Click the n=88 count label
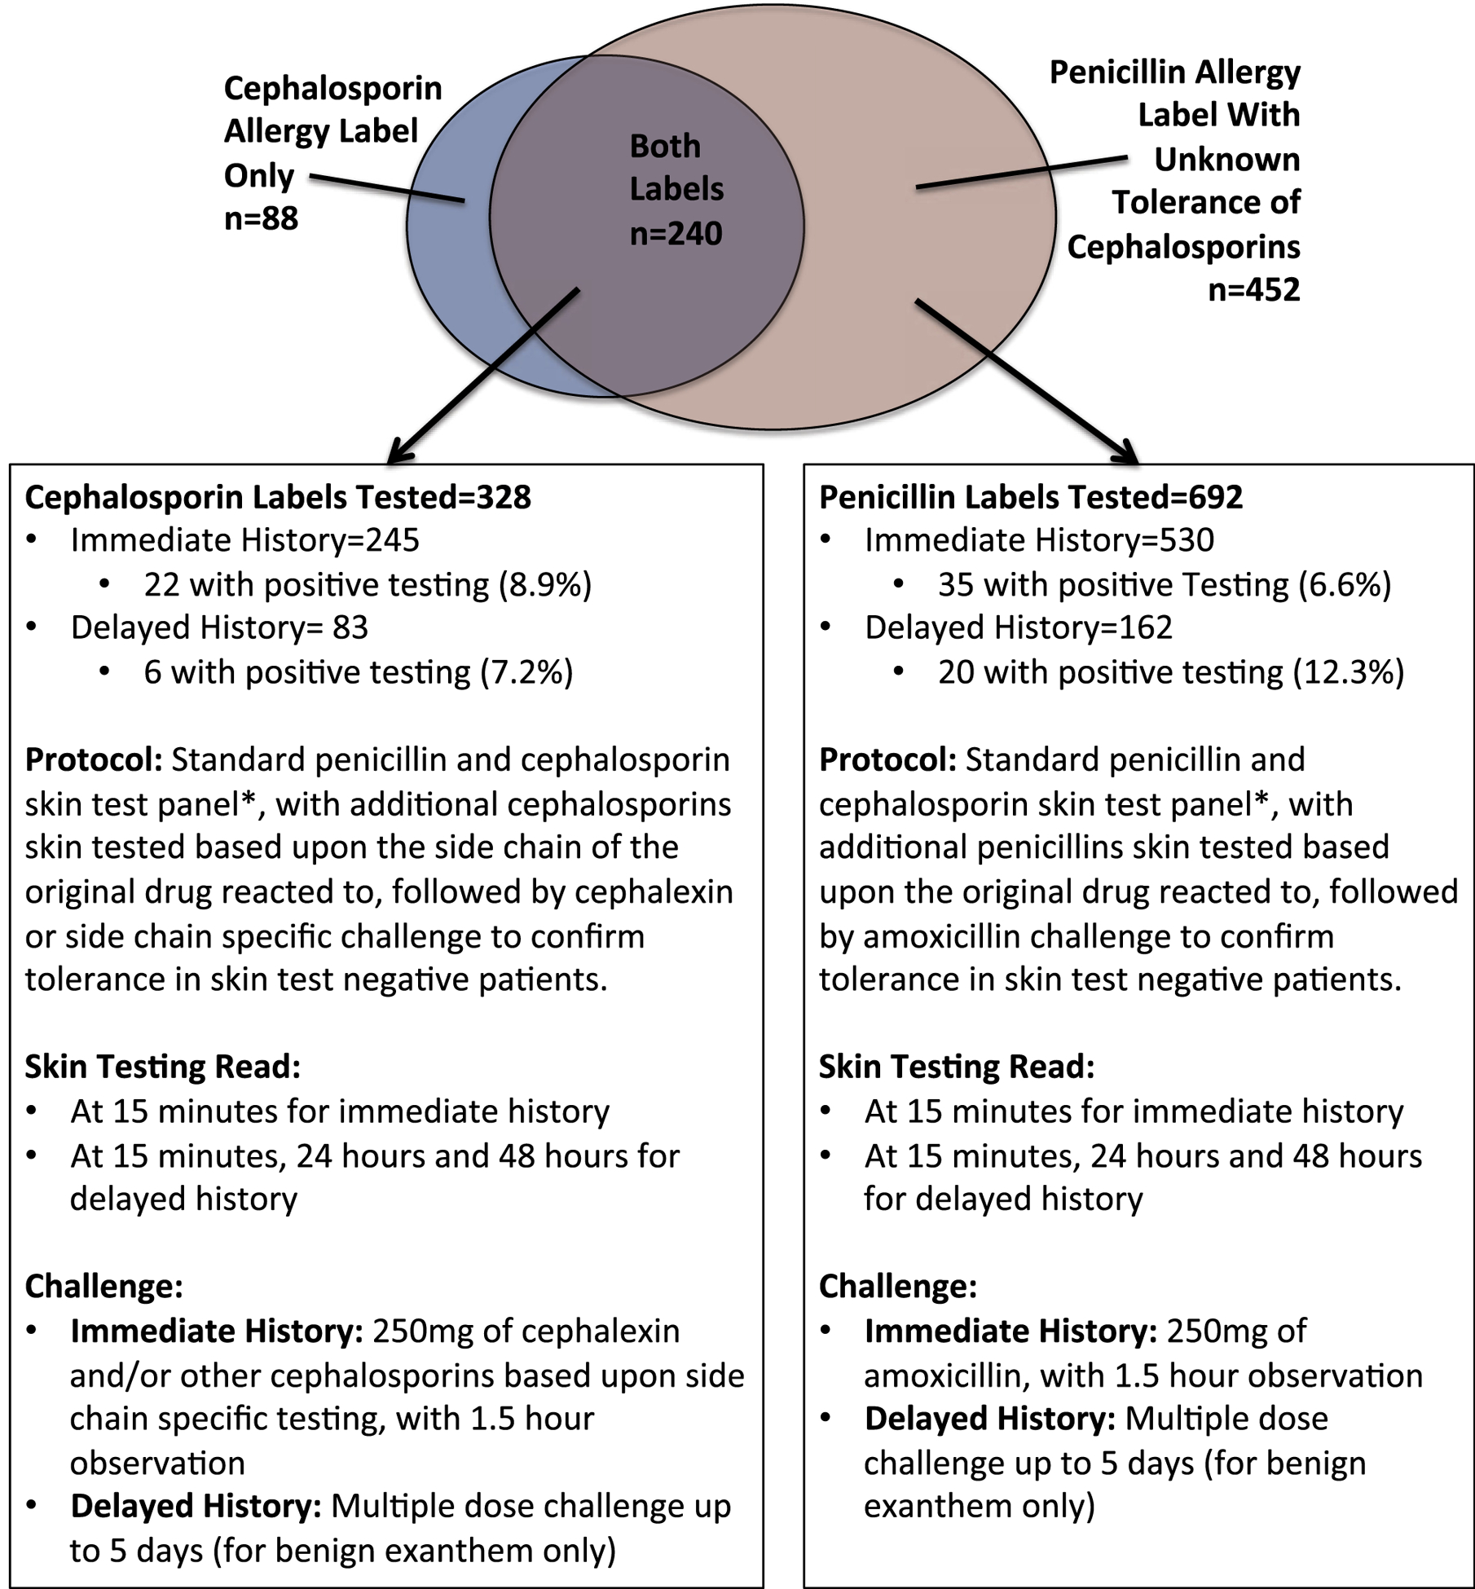(261, 218)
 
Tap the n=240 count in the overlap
(676, 234)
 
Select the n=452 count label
(1253, 289)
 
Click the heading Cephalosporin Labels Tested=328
(278, 497)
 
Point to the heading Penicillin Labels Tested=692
(1031, 497)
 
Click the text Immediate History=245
(244, 540)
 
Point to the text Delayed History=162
(1018, 627)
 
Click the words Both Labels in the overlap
(676, 168)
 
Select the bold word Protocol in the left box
(93, 759)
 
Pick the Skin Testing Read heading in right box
(956, 1067)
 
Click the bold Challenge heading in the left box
(103, 1287)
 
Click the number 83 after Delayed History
(350, 627)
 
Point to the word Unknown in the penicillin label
(1226, 160)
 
